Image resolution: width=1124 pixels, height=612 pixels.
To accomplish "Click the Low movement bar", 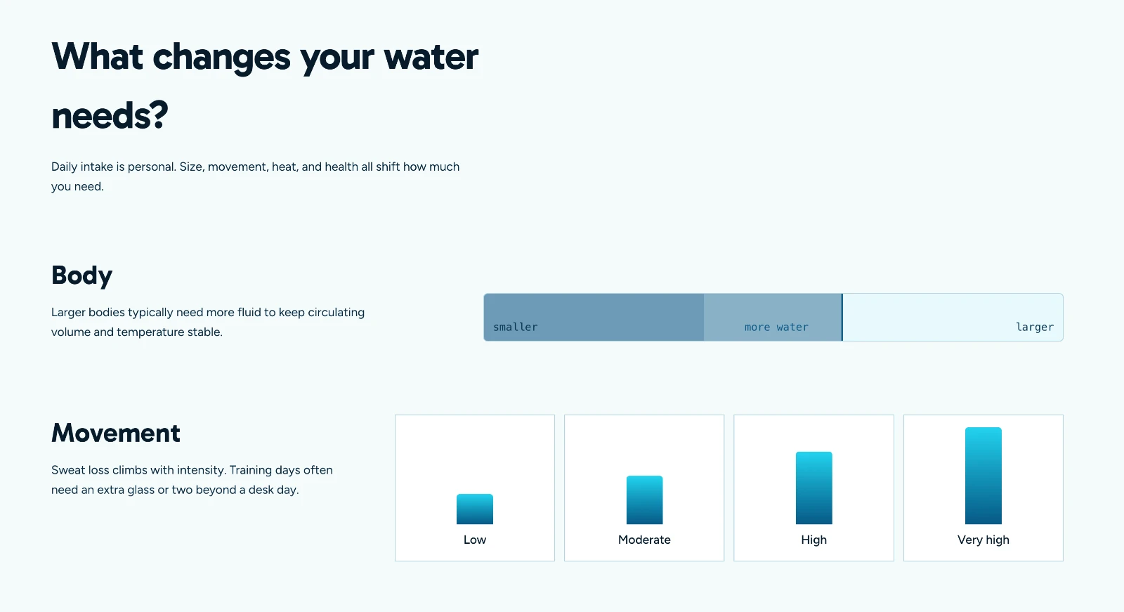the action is pyautogui.click(x=475, y=509).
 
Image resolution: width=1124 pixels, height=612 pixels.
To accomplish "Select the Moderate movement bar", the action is pyautogui.click(x=644, y=500).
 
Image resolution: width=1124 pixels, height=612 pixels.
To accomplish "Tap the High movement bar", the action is pyautogui.click(x=814, y=488).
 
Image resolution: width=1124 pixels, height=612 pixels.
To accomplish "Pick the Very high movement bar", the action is pyautogui.click(x=983, y=476).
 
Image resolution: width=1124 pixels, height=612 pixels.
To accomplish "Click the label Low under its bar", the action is pyautogui.click(x=475, y=540).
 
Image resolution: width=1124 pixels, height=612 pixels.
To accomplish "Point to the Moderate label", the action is pyautogui.click(x=644, y=540).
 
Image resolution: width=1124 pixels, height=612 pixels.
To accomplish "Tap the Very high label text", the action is pyautogui.click(x=983, y=540).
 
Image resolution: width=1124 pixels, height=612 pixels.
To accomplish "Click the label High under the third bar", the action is pyautogui.click(x=814, y=540).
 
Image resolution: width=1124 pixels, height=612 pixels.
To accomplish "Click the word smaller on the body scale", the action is pyautogui.click(x=516, y=327).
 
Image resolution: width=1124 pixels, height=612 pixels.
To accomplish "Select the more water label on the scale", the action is pyautogui.click(x=776, y=327).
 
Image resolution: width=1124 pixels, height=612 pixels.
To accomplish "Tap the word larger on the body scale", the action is pyautogui.click(x=1035, y=327).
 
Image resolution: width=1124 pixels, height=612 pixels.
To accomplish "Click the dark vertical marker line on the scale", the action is pyautogui.click(x=842, y=318).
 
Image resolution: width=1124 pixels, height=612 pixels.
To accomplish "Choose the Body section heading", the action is pyautogui.click(x=81, y=275).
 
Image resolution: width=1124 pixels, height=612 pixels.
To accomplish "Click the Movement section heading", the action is pyautogui.click(x=115, y=433).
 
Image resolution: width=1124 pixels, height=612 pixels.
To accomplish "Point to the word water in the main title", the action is pyautogui.click(x=431, y=57).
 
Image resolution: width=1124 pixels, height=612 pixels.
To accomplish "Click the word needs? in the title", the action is pyautogui.click(x=110, y=116).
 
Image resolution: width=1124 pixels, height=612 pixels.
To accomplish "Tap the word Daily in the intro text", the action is pyautogui.click(x=64, y=167).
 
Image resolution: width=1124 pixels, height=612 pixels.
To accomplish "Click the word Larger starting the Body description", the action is pyautogui.click(x=68, y=312).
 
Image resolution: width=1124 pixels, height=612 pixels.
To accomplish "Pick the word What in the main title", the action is pyautogui.click(x=97, y=56).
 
